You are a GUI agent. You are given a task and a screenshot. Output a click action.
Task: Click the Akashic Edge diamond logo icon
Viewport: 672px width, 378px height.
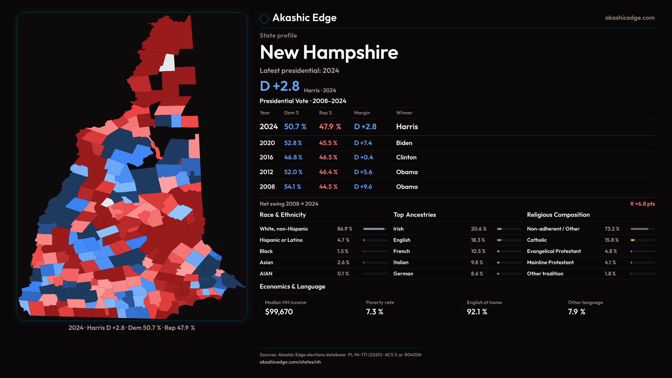pyautogui.click(x=264, y=19)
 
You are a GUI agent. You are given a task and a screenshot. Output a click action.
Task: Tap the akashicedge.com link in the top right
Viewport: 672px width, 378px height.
pyautogui.click(x=630, y=18)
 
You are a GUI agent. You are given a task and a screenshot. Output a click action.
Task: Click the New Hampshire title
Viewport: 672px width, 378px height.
pyautogui.click(x=329, y=52)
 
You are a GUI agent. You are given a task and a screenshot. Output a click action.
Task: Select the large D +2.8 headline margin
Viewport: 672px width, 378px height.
pyautogui.click(x=280, y=86)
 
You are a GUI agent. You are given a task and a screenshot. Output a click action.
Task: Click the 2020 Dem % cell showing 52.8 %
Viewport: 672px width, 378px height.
pyautogui.click(x=293, y=143)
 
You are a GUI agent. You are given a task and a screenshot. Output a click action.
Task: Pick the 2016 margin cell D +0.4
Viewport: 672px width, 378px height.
pyautogui.click(x=363, y=157)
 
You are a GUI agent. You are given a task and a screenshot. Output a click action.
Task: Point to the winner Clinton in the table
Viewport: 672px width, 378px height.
pyautogui.click(x=406, y=157)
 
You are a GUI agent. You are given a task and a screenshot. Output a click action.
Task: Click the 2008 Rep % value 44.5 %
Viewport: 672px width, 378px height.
pyautogui.click(x=328, y=187)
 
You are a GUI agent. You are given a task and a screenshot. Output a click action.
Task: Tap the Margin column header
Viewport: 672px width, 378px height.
pyautogui.click(x=362, y=113)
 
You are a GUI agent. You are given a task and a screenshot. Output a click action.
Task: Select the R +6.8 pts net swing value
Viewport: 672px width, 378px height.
pyautogui.click(x=642, y=204)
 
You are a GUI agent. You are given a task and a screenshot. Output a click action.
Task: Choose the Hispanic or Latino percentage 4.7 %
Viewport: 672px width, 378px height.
pyautogui.click(x=343, y=240)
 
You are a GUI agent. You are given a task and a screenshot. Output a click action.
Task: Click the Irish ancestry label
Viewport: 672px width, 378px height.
pyautogui.click(x=398, y=229)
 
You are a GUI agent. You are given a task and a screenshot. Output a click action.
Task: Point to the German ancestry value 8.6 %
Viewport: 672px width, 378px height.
pyautogui.click(x=477, y=274)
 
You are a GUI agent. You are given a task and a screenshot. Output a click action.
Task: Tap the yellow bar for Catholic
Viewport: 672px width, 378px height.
pyautogui.click(x=633, y=240)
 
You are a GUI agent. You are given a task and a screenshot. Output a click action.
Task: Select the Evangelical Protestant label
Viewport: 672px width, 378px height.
pyautogui.click(x=554, y=251)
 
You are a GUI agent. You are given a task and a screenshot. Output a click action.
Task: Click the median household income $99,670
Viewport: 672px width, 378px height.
pyautogui.click(x=279, y=312)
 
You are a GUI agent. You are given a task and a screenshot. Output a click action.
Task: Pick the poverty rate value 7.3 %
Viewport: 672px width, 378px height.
pyautogui.click(x=374, y=312)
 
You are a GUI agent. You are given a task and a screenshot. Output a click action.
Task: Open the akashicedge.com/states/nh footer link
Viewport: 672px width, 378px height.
pyautogui.click(x=290, y=362)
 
